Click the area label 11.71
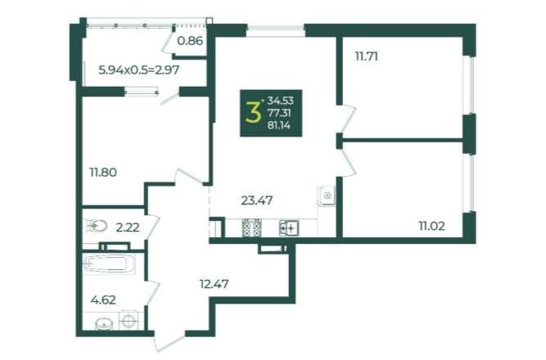click(x=367, y=56)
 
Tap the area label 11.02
click(x=431, y=226)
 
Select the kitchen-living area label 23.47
click(x=257, y=200)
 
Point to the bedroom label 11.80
click(x=103, y=172)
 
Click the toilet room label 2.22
click(x=128, y=227)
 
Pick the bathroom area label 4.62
click(x=103, y=299)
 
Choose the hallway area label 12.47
click(x=214, y=284)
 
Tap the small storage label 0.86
click(x=190, y=41)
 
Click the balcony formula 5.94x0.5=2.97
click(x=139, y=70)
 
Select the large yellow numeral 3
click(x=253, y=112)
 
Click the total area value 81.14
click(x=279, y=125)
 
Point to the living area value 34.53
click(x=280, y=101)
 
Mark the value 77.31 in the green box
click(x=279, y=113)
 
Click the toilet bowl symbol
click(x=96, y=226)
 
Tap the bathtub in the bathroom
click(x=109, y=263)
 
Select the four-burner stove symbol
click(x=251, y=227)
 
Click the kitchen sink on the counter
click(x=289, y=228)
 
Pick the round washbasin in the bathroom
click(x=104, y=325)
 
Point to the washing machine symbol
click(x=129, y=320)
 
